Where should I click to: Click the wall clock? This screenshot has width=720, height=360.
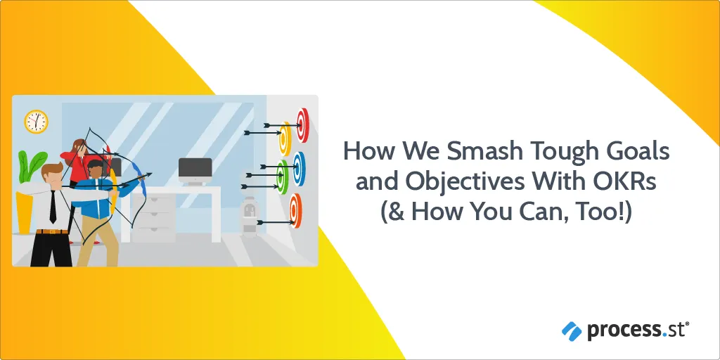coord(37,122)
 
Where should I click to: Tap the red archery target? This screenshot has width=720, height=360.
coord(302,125)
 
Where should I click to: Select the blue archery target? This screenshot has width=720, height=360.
coord(298,169)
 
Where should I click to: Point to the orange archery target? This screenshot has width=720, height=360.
coord(295,211)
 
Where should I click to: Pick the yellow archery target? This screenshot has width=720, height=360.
coord(285,139)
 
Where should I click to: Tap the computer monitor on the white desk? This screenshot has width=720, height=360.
coord(195,170)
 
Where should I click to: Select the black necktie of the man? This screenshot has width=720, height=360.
coord(53,207)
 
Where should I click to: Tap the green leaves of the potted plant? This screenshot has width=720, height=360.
coord(31,166)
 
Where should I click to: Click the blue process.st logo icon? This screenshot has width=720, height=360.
coord(572,330)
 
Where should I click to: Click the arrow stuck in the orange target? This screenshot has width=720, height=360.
coord(275,222)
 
